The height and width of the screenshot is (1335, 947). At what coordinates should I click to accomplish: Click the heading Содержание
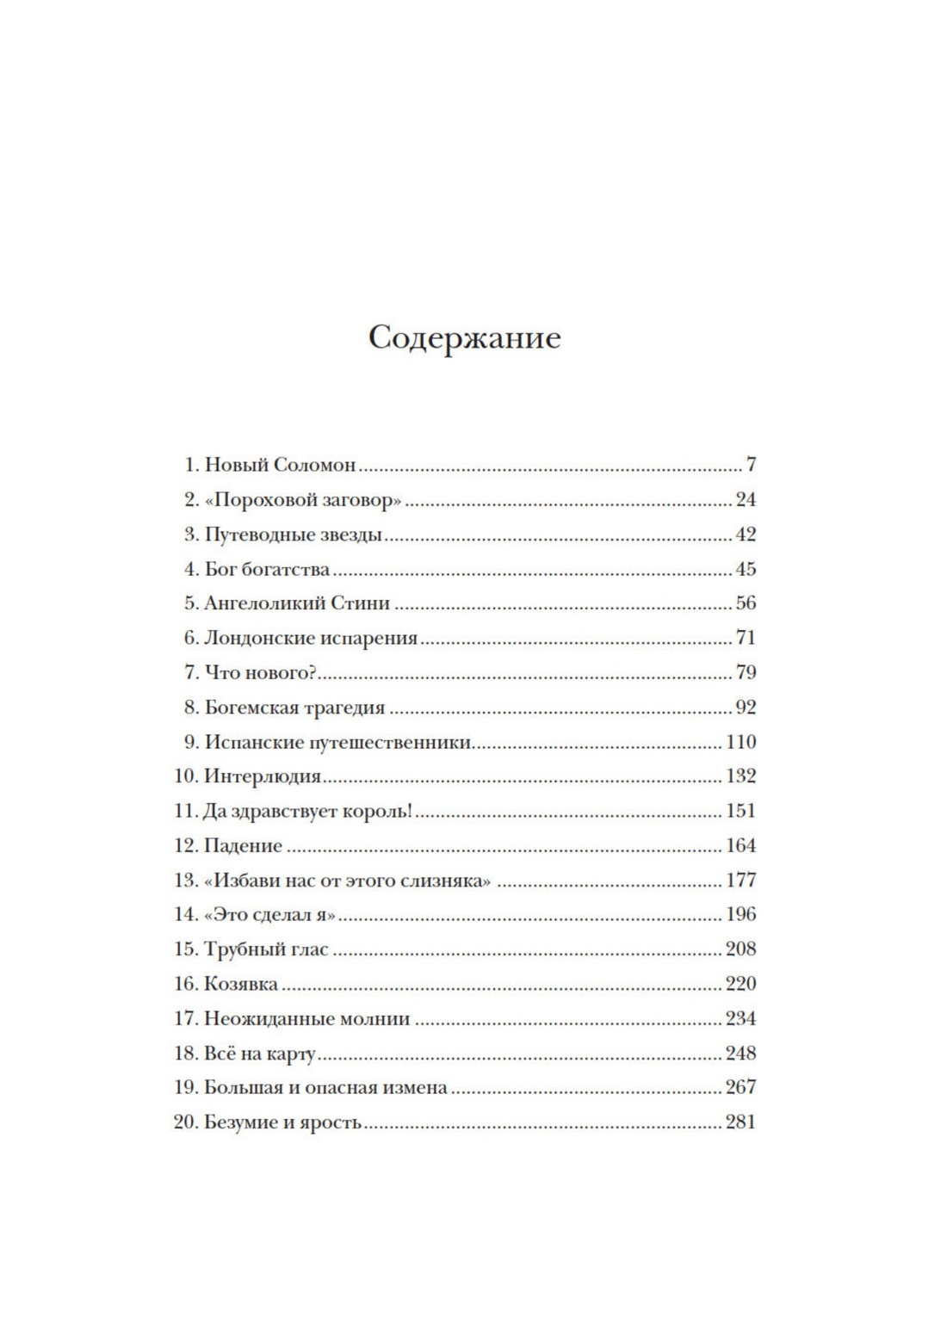pyautogui.click(x=464, y=337)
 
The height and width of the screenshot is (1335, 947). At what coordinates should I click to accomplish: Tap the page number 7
pyautogui.click(x=751, y=465)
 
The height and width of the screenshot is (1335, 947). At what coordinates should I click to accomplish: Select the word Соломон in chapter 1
pyautogui.click(x=314, y=465)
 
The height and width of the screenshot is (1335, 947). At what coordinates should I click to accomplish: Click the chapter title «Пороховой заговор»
pyautogui.click(x=303, y=500)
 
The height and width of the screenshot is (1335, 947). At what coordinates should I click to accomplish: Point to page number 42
pyautogui.click(x=746, y=535)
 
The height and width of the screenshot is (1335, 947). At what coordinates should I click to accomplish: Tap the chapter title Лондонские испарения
pyautogui.click(x=311, y=639)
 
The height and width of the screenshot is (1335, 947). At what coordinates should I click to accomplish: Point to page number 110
pyautogui.click(x=740, y=742)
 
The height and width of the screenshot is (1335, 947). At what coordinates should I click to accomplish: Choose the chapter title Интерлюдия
pyautogui.click(x=263, y=776)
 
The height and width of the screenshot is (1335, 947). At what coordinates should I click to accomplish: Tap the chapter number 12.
pyautogui.click(x=185, y=845)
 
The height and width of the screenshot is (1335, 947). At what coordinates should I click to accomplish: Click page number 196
pyautogui.click(x=740, y=914)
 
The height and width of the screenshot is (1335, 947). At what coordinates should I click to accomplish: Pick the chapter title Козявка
pyautogui.click(x=241, y=984)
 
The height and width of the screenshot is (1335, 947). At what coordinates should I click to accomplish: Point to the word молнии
pyautogui.click(x=374, y=1018)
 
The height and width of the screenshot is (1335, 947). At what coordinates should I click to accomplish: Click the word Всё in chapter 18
pyautogui.click(x=220, y=1053)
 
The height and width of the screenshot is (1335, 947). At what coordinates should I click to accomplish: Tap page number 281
pyautogui.click(x=740, y=1122)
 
